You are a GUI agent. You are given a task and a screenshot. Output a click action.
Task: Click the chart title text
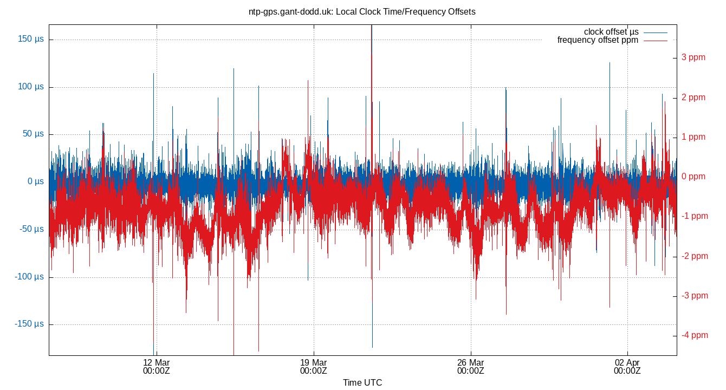pos(362,11)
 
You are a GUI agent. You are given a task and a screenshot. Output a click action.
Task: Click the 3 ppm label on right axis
pos(693,57)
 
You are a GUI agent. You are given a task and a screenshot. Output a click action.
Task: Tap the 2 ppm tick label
pos(693,97)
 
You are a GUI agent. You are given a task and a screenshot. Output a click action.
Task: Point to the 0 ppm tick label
pos(693,177)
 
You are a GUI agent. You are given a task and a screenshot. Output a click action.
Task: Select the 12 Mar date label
pos(157,367)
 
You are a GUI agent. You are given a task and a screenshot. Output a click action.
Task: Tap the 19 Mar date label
pos(314,367)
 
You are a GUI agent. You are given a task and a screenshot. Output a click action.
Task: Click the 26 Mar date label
pos(470,367)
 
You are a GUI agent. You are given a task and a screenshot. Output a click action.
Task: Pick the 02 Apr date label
pos(627,367)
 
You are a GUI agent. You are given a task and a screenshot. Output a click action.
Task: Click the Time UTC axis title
pos(362,383)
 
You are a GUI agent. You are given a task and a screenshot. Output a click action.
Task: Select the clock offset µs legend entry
pos(611,32)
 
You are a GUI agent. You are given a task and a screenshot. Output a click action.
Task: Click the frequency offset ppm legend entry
pos(598,40)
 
